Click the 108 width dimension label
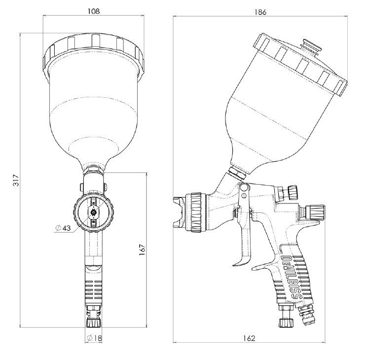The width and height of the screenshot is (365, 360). pyautogui.click(x=94, y=11)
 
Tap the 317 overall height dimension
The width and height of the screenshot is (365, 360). pyautogui.click(x=16, y=180)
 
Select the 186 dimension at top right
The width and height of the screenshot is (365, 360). pyautogui.click(x=260, y=12)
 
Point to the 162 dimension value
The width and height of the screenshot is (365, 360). pyautogui.click(x=249, y=338)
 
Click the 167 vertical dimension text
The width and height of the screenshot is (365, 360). pyautogui.click(x=142, y=249)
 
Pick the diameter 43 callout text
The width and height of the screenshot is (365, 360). pyautogui.click(x=63, y=228)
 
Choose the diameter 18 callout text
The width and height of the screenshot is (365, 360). pyautogui.click(x=94, y=338)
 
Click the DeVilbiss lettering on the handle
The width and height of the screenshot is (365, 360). pyautogui.click(x=291, y=277)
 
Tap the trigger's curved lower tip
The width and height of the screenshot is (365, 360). pyautogui.click(x=236, y=264)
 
